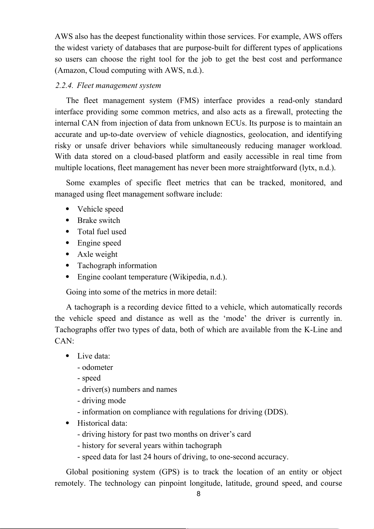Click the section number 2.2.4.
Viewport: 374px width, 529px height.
click(x=64, y=85)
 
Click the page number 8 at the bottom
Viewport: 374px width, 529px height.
click(x=198, y=494)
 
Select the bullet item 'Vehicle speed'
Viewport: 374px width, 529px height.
click(x=100, y=209)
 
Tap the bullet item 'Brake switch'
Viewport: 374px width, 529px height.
click(x=99, y=220)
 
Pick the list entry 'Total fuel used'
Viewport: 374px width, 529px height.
click(x=102, y=232)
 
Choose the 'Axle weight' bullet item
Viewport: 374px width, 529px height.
click(x=97, y=254)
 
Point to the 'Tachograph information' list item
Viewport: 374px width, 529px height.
click(x=117, y=266)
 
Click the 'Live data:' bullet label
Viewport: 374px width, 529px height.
click(x=94, y=356)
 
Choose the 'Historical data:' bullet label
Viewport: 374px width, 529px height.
click(x=102, y=423)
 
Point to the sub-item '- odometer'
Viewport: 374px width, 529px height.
click(x=95, y=367)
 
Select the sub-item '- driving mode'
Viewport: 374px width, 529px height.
click(x=101, y=401)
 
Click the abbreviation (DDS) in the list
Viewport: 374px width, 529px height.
click(x=276, y=412)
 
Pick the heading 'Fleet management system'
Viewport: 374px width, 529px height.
click(x=119, y=85)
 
